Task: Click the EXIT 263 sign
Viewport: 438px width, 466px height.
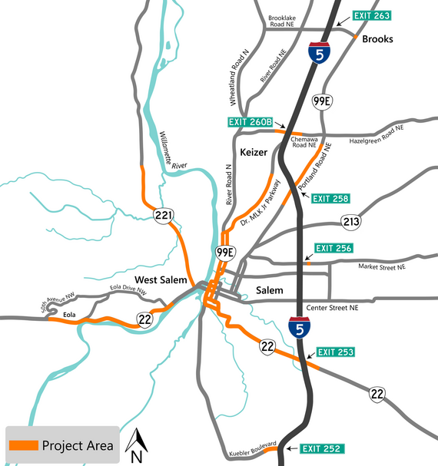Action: coord(372,15)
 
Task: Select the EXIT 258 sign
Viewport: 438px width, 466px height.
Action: coord(331,199)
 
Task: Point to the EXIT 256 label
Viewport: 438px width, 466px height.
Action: coord(333,248)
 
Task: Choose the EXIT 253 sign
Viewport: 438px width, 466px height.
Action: coord(336,352)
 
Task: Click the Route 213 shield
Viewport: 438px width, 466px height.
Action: coord(351,222)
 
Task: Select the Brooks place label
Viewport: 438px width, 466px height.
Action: coord(377,39)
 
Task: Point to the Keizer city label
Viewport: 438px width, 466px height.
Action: coord(254,152)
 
